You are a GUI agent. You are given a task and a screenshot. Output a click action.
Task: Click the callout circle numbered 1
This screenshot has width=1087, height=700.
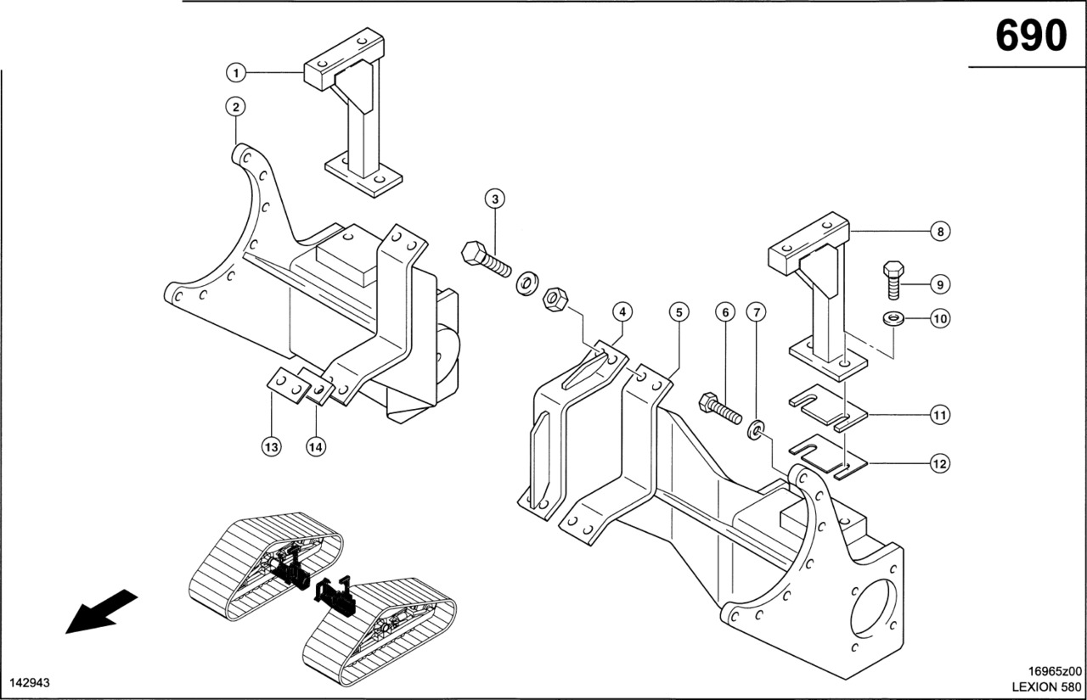[236, 73]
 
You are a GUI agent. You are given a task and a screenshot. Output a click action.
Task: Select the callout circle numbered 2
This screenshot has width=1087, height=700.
[236, 107]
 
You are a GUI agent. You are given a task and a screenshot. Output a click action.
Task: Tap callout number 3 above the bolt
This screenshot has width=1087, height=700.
[496, 199]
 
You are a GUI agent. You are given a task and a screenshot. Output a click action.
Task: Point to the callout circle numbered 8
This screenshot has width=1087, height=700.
[940, 231]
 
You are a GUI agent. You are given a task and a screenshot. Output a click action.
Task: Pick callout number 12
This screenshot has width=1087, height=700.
[940, 464]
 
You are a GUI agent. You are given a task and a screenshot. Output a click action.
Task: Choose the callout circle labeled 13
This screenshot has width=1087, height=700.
[272, 447]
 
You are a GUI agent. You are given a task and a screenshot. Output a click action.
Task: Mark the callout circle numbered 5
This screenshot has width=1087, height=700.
[679, 312]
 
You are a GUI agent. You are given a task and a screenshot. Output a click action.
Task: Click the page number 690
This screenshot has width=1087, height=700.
[1030, 36]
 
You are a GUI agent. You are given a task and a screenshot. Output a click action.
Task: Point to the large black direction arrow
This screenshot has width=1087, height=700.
[100, 611]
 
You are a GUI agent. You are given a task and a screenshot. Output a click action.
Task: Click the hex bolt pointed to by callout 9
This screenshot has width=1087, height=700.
[893, 279]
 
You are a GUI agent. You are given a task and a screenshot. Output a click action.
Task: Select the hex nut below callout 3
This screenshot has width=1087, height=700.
[555, 298]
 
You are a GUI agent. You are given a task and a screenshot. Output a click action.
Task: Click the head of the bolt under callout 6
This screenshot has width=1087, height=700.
[707, 402]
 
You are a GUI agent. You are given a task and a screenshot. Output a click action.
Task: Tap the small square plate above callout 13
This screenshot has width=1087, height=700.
[286, 384]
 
